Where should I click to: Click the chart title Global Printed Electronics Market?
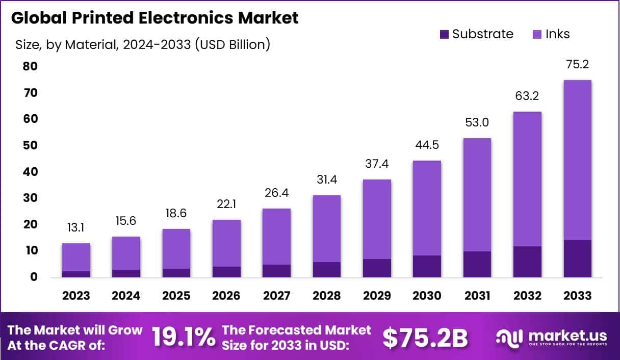(x=155, y=18)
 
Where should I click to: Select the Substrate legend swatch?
(x=444, y=34)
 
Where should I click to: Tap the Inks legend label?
(x=557, y=34)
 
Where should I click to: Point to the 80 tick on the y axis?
(x=30, y=66)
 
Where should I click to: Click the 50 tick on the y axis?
(x=30, y=145)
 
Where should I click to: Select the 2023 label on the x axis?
(x=76, y=296)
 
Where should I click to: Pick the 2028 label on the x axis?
(x=326, y=296)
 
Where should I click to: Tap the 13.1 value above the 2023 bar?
(x=76, y=227)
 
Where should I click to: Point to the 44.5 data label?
(x=427, y=145)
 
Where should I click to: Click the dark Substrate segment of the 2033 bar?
(x=577, y=259)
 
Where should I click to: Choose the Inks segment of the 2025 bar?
(x=176, y=249)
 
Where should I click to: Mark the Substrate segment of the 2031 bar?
(x=477, y=264)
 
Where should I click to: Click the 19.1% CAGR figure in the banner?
(x=184, y=337)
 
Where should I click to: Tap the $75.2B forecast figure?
(x=425, y=337)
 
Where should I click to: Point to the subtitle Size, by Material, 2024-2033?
(x=143, y=45)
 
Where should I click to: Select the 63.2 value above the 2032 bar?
(x=527, y=96)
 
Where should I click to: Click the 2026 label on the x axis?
(x=226, y=296)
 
